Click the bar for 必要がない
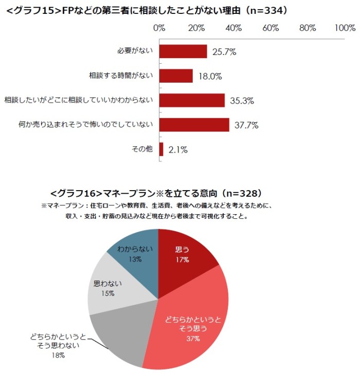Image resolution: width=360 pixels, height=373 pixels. [183, 51]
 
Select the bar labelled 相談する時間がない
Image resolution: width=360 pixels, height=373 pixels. [176, 76]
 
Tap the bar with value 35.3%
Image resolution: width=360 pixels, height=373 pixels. [192, 100]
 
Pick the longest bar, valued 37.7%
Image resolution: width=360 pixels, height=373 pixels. [194, 125]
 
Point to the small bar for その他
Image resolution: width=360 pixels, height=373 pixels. [161, 150]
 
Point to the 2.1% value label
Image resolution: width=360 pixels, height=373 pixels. [177, 150]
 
